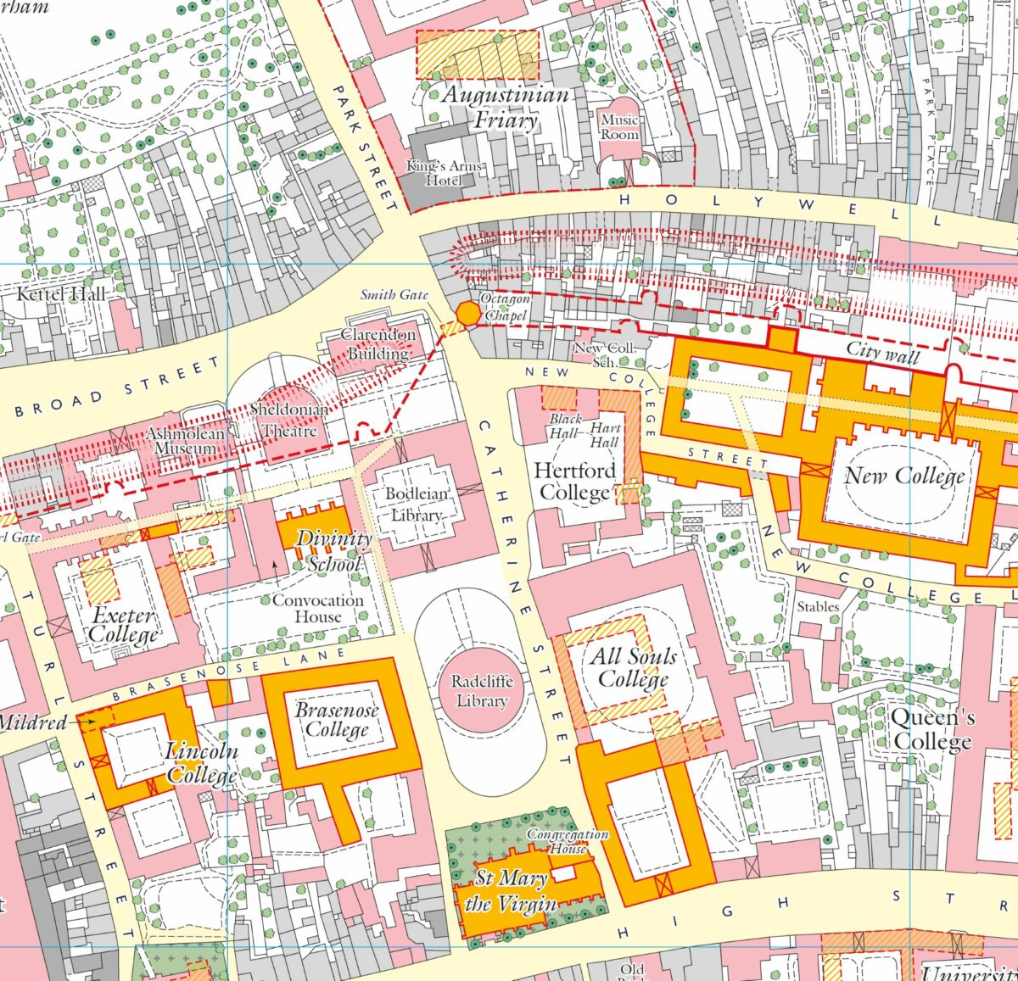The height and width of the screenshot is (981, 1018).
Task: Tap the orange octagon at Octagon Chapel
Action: point(467,314)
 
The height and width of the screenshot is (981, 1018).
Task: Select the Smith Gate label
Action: point(394,294)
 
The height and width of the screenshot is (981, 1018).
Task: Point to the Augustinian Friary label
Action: point(505,107)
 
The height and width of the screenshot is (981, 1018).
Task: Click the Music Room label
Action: point(619,127)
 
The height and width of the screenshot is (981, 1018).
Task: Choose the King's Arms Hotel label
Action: point(445,173)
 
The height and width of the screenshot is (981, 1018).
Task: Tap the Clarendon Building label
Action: point(378,343)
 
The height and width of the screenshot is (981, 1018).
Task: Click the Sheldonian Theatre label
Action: point(288,420)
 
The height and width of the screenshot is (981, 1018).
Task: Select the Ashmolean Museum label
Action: point(186,440)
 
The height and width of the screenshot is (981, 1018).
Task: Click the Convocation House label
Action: point(317,608)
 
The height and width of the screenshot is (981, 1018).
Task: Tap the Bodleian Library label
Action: point(416,504)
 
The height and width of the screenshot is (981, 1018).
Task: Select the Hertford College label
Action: point(574,482)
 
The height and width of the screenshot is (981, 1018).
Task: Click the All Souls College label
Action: point(633,667)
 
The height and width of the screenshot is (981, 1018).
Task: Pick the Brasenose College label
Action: point(337,720)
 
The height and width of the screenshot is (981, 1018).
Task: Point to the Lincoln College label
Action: point(201,762)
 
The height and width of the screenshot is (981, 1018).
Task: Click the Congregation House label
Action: point(568,840)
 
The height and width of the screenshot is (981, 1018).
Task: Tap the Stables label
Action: point(818,606)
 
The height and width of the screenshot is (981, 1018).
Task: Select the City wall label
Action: point(882,352)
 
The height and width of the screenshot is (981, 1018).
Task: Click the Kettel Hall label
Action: point(62,294)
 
